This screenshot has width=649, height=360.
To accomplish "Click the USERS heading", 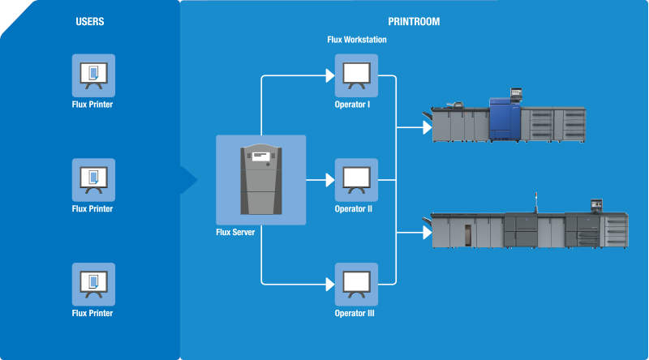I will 89,22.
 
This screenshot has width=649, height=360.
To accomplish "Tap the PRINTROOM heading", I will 414,22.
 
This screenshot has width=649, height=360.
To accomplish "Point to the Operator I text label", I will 353,105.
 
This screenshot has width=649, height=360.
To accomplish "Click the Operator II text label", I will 353,208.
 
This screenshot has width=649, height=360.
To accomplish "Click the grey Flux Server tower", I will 260,179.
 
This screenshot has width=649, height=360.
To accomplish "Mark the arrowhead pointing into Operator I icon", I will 329,75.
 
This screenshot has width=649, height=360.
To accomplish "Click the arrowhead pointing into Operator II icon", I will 329,179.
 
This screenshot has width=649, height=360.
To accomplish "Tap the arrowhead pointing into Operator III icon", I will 329,283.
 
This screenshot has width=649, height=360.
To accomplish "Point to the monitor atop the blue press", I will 515,94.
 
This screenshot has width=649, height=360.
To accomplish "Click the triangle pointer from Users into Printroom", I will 190,180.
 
